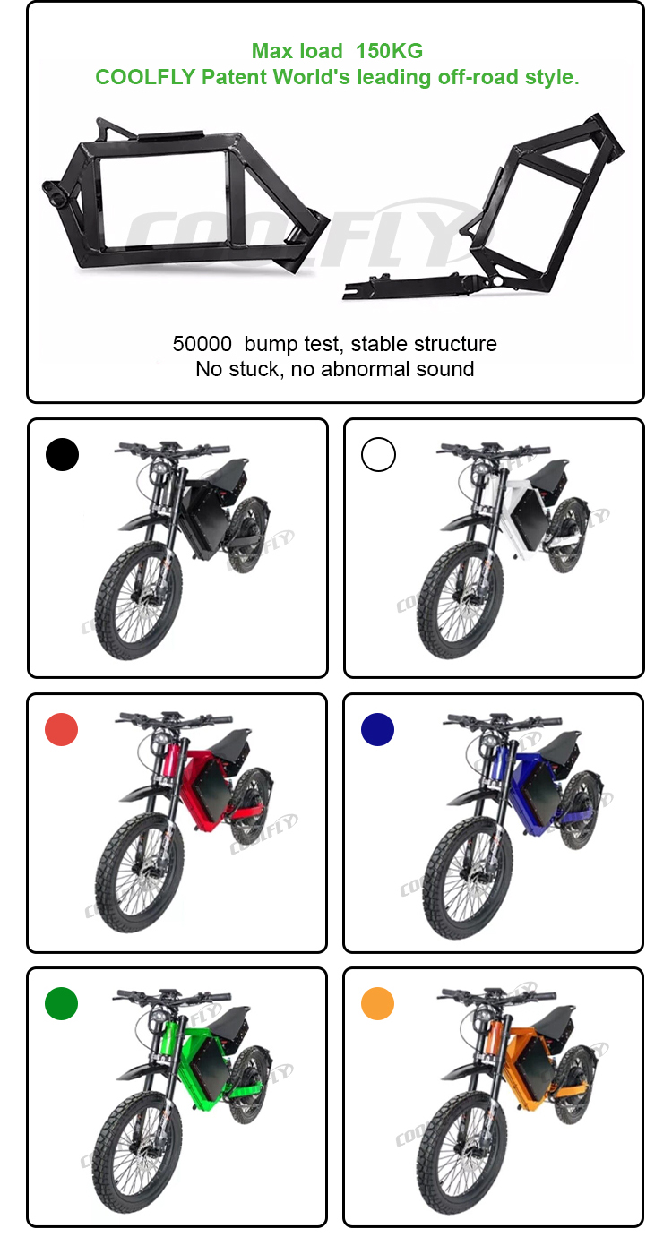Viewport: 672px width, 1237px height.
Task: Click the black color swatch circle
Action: coord(62,455)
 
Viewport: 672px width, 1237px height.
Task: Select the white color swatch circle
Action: coord(378,455)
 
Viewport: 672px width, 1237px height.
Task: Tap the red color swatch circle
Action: coord(62,729)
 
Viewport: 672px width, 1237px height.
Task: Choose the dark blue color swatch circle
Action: coord(378,729)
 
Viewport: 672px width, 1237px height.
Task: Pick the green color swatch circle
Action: coord(62,1003)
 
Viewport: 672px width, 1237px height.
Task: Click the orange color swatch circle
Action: coord(378,1003)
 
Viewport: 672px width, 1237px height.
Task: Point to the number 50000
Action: coord(203,344)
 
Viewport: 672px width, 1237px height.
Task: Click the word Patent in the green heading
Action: coord(232,77)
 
